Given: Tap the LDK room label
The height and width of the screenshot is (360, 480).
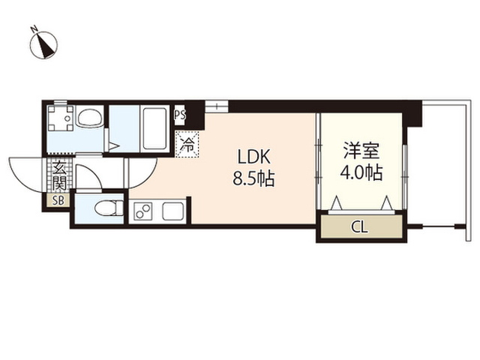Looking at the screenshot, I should click(256, 157).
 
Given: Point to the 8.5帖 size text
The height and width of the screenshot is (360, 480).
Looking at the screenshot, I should click(256, 179).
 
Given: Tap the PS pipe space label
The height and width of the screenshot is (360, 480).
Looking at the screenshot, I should click(179, 115).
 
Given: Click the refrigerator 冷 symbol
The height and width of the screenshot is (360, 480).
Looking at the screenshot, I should click(187, 144).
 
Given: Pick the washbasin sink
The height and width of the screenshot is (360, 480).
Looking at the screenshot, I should click(91, 118).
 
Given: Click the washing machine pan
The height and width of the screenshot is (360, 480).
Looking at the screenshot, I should click(59, 118).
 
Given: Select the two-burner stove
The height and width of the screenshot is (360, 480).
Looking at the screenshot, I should click(143, 211).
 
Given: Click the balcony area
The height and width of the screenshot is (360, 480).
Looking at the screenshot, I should click(439, 165).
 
